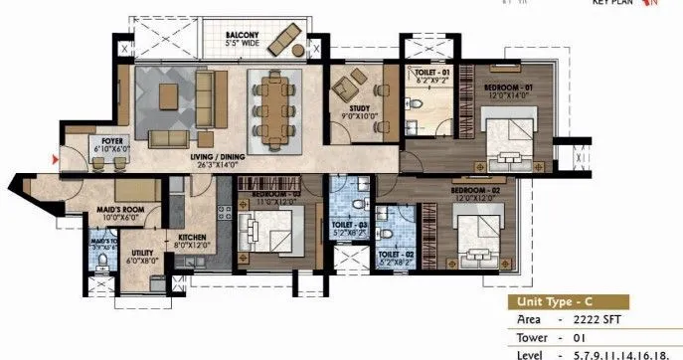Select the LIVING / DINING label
pos(227,160)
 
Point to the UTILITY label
pos(144,254)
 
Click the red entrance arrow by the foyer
pos(56,157)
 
